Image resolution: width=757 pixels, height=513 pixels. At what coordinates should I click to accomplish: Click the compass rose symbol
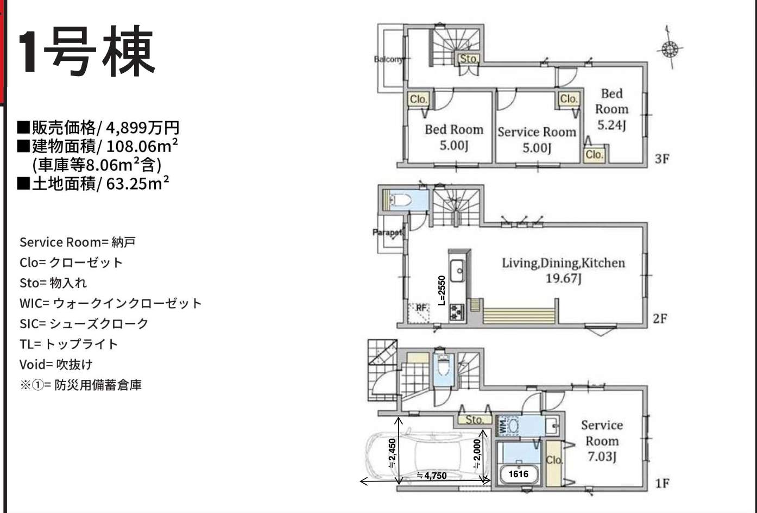(670, 49)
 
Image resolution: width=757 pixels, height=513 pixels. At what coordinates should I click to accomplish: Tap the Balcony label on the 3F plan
(389, 59)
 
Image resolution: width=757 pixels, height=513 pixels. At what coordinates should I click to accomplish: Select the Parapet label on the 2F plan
(388, 233)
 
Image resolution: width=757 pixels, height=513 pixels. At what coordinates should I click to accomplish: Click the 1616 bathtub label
(519, 474)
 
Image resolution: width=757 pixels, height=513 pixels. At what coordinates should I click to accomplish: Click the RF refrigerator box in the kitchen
(419, 313)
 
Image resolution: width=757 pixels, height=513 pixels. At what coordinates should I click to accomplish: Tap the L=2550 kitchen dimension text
(441, 291)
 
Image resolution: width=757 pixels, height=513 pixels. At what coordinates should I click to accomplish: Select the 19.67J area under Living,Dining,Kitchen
(563, 279)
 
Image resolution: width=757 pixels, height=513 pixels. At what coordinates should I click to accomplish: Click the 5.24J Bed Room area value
(611, 125)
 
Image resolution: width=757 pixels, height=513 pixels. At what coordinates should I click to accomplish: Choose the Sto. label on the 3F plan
(469, 59)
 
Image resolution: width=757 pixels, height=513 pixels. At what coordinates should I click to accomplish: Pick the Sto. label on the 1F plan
(475, 420)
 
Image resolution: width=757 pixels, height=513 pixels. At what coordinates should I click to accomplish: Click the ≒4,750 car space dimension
(432, 476)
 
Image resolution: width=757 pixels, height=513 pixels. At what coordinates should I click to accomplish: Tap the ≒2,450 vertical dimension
(392, 454)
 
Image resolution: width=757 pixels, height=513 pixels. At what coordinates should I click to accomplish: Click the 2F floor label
(659, 318)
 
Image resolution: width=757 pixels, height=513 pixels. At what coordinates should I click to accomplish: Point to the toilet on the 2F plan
(401, 200)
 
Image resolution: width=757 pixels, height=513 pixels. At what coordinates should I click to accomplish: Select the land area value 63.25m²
(137, 184)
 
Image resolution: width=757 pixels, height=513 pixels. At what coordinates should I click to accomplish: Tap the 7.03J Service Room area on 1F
(602, 456)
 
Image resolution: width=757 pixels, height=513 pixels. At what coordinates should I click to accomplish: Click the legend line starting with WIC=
(110, 303)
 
